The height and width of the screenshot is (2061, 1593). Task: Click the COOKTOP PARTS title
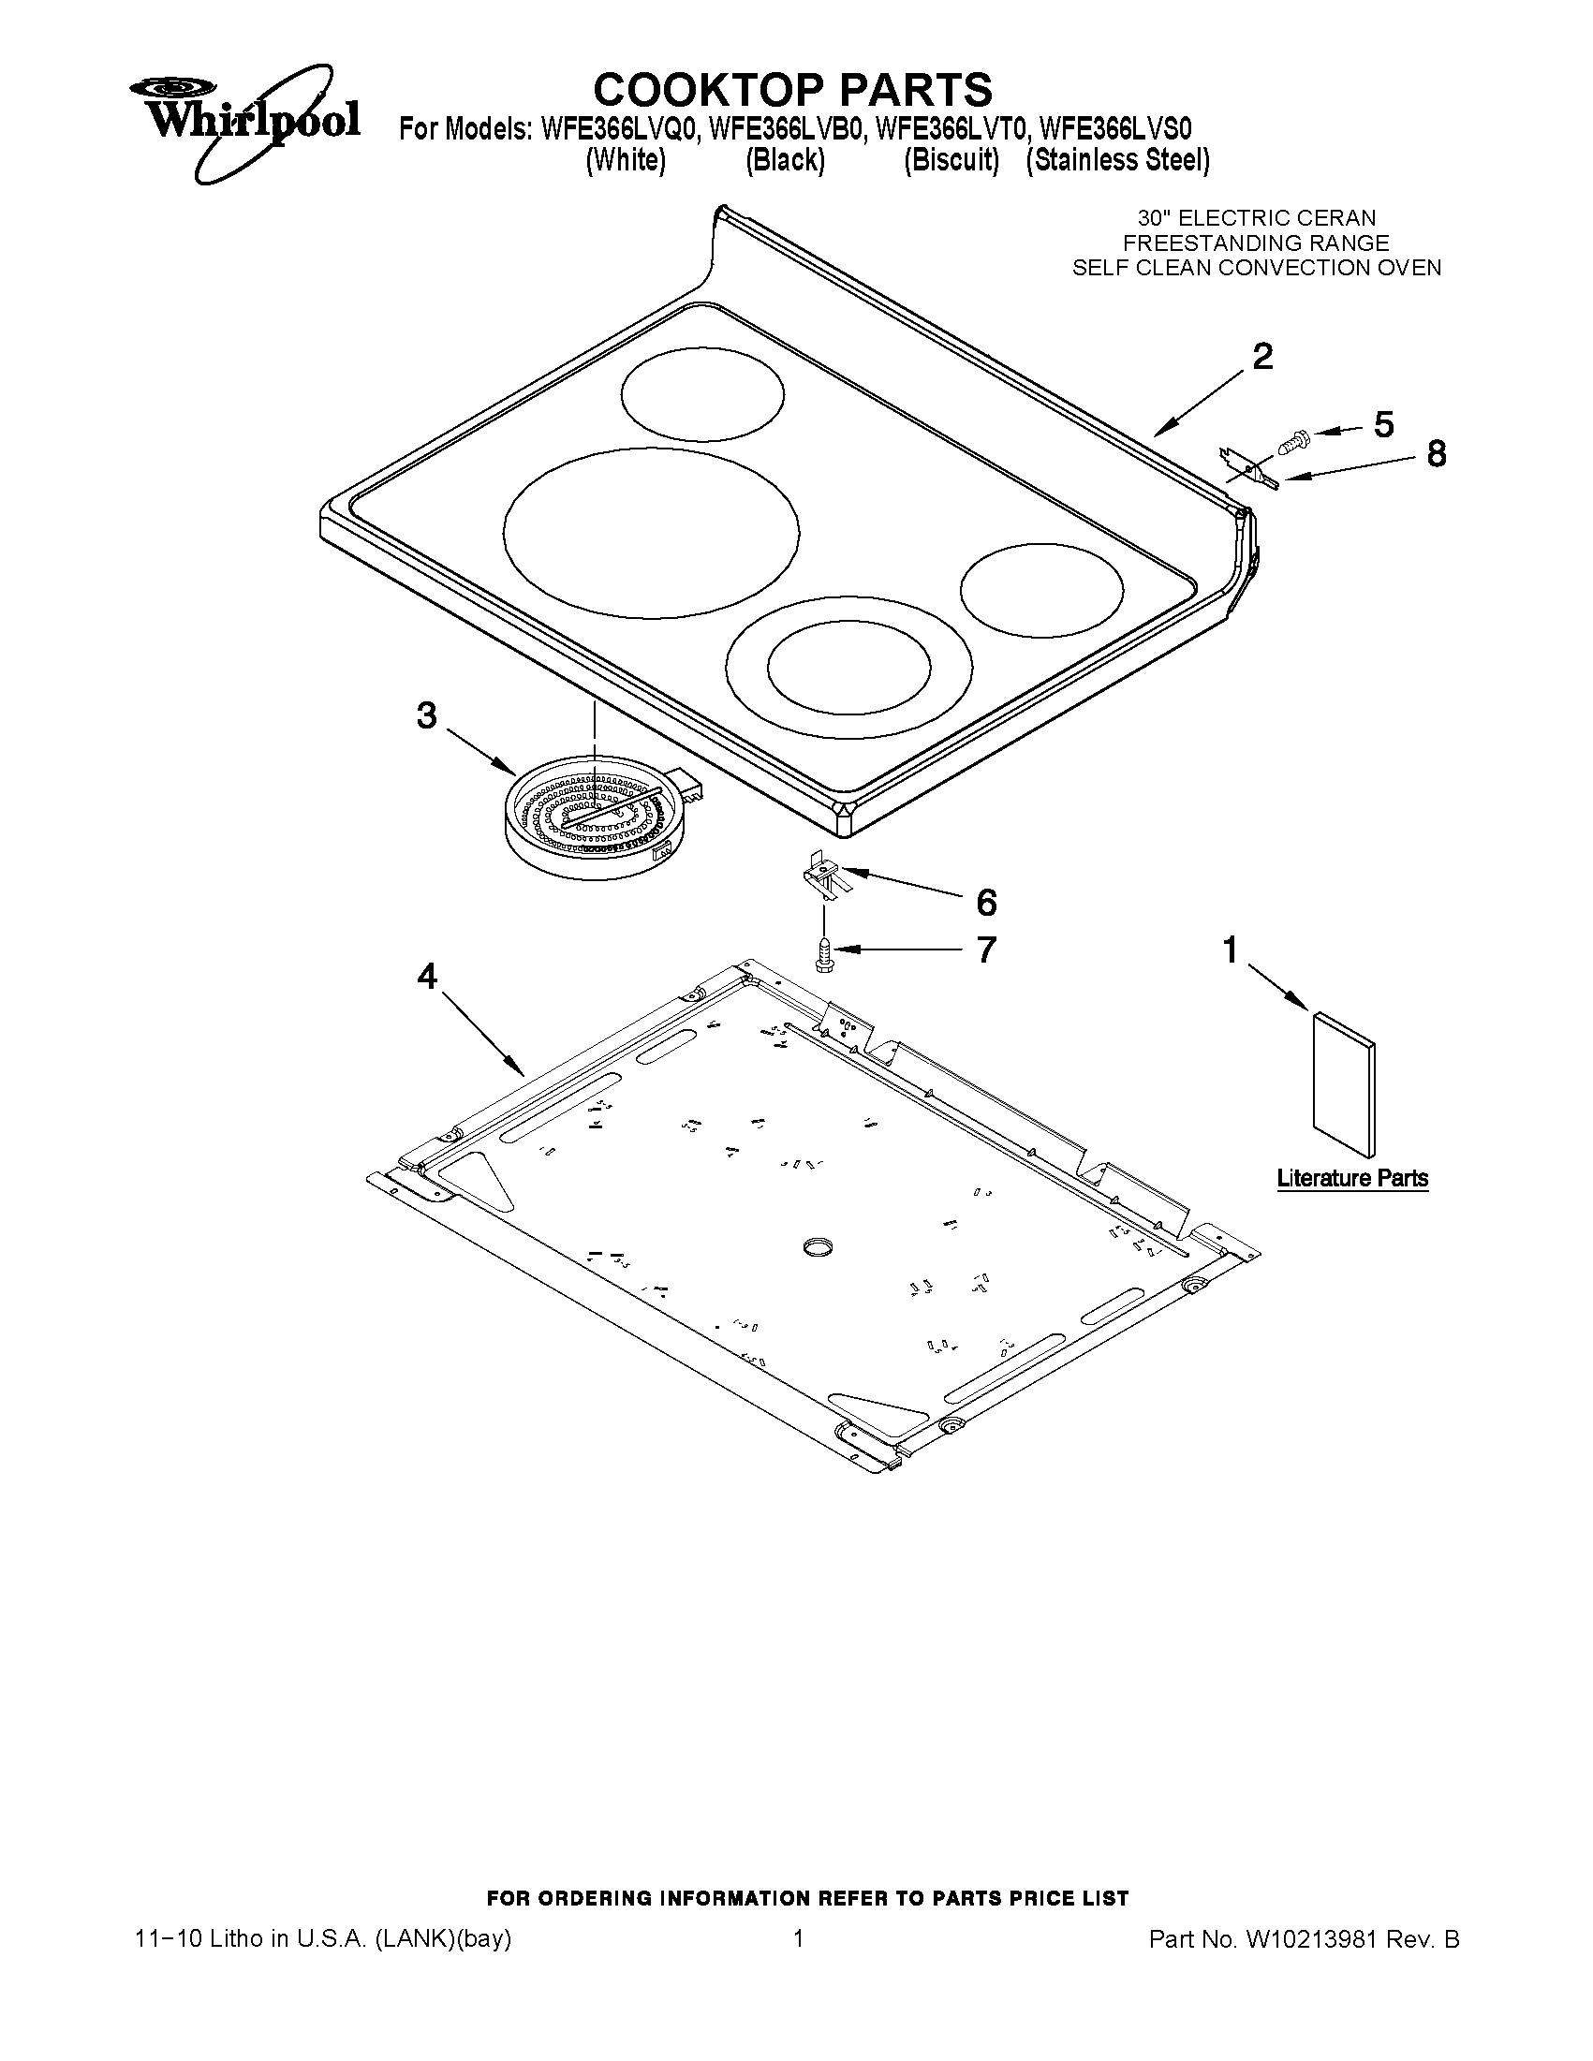coord(792,90)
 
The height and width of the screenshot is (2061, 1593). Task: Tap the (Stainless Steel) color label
coord(1117,160)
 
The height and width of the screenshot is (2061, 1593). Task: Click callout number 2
coord(1261,357)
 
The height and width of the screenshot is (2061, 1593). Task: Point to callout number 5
coord(1383,425)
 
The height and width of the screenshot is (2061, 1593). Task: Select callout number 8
coord(1436,454)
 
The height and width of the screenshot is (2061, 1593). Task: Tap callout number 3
coord(426,716)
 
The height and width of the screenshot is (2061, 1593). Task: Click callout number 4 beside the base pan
coord(427,977)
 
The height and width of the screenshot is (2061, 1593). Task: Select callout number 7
coord(985,950)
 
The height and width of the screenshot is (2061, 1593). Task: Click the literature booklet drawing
coord(1343,1083)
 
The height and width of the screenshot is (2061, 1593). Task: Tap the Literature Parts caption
coord(1352,1179)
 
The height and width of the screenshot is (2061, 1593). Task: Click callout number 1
coord(1231,950)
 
